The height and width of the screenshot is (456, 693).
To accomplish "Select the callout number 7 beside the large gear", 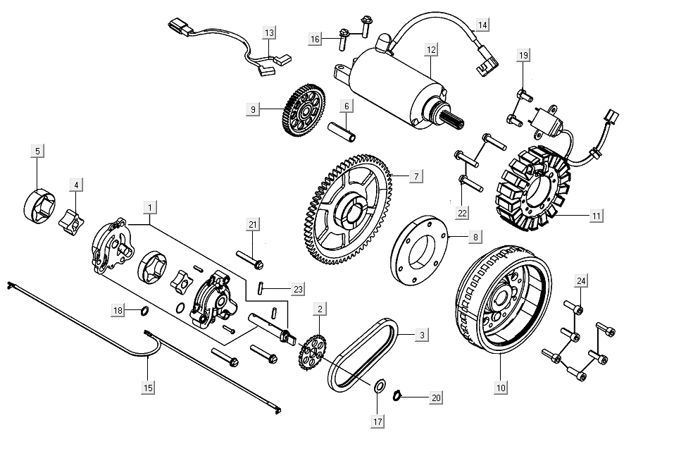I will pyautogui.click(x=416, y=174).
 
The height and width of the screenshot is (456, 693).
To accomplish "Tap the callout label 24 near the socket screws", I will pyautogui.click(x=581, y=281).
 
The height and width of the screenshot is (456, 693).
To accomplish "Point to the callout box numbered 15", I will pyautogui.click(x=148, y=387).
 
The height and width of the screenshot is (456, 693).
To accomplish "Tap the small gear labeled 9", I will pyautogui.click(x=304, y=111).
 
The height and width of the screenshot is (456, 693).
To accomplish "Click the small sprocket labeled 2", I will pyautogui.click(x=311, y=352).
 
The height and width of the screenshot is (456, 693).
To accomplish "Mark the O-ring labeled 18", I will pyautogui.click(x=144, y=311).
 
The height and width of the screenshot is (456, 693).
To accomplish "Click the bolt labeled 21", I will pyautogui.click(x=251, y=259).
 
